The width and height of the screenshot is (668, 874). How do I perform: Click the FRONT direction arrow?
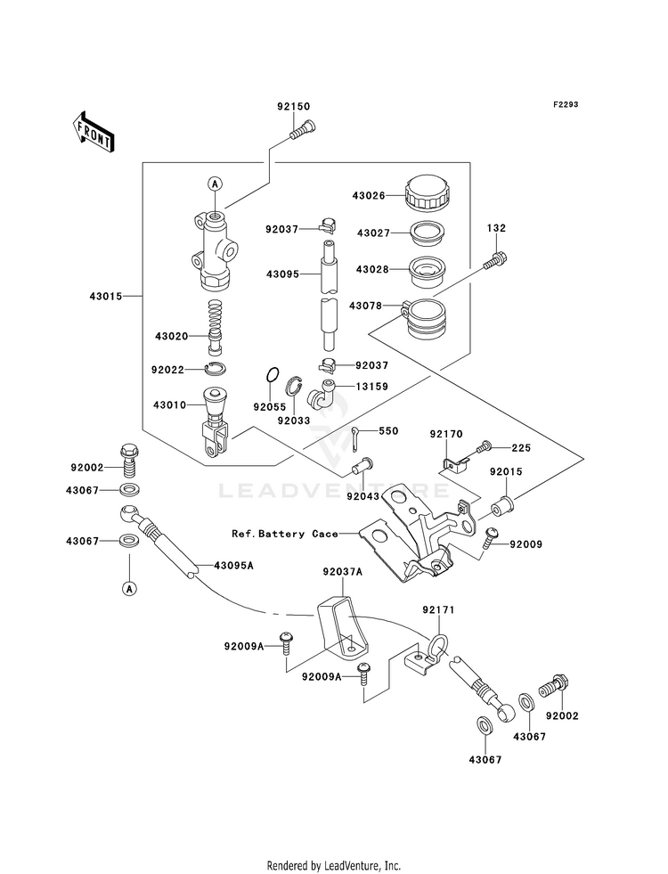coord(93,131)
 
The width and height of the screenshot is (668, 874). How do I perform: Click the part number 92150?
coord(294,106)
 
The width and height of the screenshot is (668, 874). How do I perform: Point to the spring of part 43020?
coord(216,326)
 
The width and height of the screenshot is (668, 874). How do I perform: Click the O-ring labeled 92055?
coord(272,375)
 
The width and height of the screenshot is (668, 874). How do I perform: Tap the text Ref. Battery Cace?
coord(285,534)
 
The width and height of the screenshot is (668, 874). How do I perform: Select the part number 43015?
coord(106,297)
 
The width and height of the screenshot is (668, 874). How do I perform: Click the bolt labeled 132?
coord(494,260)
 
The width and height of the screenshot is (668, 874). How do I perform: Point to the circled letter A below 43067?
coord(129,588)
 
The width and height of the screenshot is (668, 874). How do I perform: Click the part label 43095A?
coord(234,565)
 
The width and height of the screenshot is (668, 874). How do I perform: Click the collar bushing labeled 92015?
coord(502,505)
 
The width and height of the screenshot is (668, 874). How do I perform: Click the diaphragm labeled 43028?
coord(427,270)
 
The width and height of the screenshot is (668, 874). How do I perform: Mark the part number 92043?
coord(363,496)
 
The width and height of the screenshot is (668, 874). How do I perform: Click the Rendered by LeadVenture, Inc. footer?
coord(334,866)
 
